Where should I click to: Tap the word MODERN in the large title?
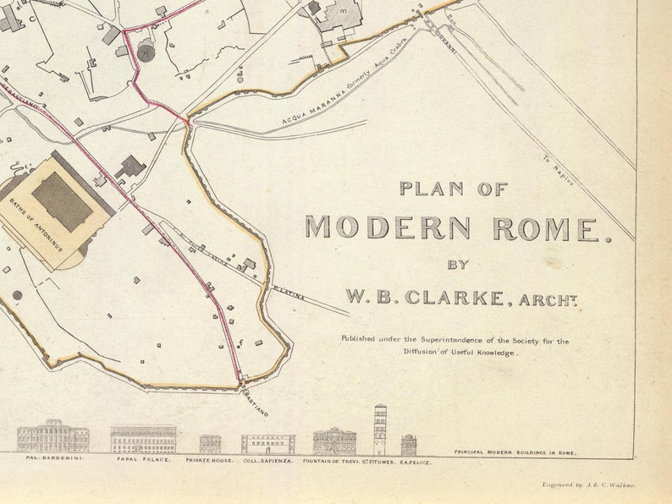pos(388,228)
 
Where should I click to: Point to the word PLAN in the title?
pos(432,189)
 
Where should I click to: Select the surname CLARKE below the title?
pos(458,297)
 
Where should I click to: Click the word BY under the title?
pos(458,264)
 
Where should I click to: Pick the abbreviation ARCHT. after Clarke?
pos(550,299)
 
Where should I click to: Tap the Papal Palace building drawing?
pos(143,439)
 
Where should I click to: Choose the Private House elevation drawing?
pos(210,444)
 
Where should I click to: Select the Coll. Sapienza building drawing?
pos(267,444)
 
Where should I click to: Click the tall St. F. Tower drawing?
pos(380,430)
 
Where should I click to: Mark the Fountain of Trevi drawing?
pos(334,441)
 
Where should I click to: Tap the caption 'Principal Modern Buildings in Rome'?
pos(515,453)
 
